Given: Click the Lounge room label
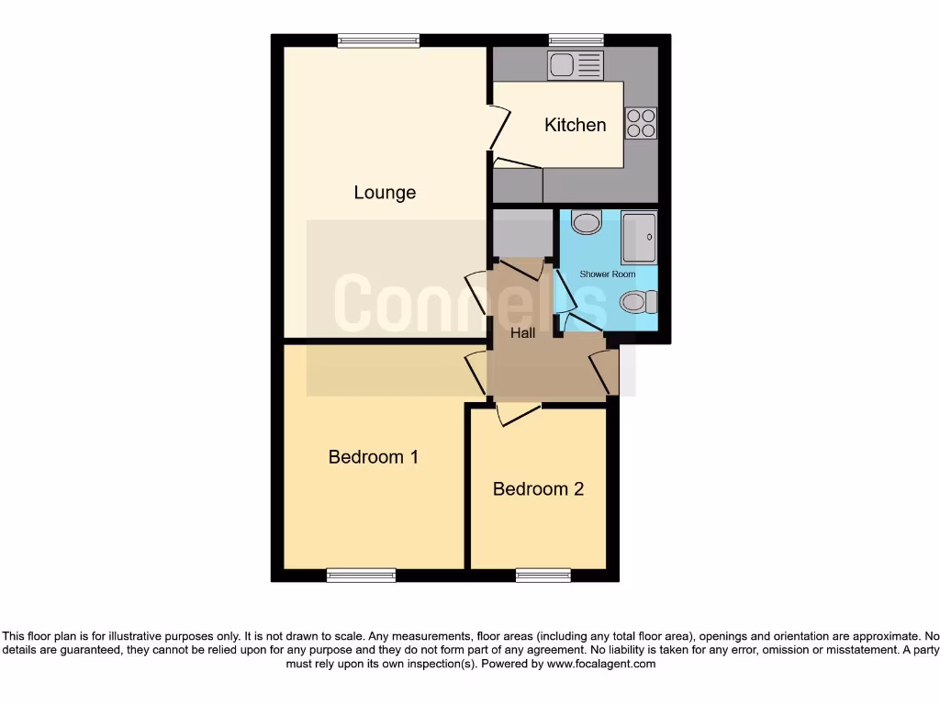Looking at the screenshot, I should coord(385,193).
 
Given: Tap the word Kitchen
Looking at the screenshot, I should coord(576,125).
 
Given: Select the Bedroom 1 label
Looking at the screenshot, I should coord(374,456).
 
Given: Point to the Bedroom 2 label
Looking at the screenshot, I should coord(538,488).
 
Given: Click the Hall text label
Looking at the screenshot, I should coord(523,333).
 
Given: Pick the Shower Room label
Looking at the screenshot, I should coord(608,274).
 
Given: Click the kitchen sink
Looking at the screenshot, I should coord(576,65).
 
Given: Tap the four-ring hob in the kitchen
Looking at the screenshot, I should coord(642,123).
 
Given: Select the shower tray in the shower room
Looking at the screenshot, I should coord(639,238).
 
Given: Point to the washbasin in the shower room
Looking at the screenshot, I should coord(585,221).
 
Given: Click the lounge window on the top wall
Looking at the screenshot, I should coord(378,39).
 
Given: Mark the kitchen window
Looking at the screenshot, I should coord(576,39).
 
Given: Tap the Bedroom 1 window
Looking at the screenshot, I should coord(361,576).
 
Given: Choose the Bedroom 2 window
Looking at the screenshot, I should coord(543,576).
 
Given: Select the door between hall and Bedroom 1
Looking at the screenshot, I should coord(476,373).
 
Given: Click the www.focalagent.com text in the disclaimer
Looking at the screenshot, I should coord(601,664).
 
